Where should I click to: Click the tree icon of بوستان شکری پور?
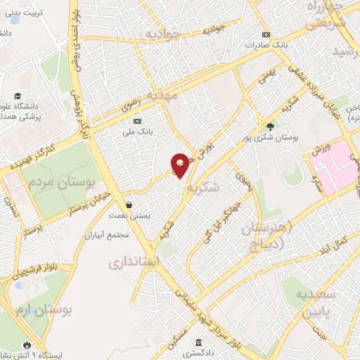[271, 127]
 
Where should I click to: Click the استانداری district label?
[136, 263]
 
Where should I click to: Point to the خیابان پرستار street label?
[87, 202]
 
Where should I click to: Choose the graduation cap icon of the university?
[17, 96]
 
